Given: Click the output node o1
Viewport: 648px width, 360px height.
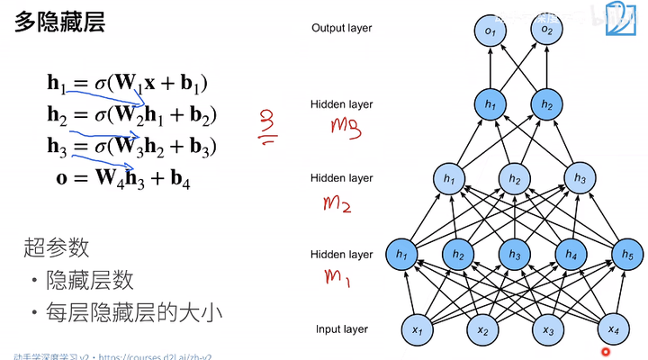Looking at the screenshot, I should (x=490, y=31).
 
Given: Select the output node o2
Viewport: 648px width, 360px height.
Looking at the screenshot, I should (x=547, y=31).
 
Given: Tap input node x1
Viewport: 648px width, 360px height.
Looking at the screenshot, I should (x=418, y=330).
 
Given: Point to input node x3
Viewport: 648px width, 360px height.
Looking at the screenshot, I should (x=548, y=330).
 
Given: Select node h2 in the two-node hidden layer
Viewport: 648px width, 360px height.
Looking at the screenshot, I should (x=546, y=105).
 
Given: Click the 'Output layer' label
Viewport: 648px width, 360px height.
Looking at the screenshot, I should (x=341, y=28).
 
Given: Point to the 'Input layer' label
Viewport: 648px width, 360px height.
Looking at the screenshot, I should (x=342, y=329).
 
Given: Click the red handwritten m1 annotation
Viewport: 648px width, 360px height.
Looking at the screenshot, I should (x=336, y=275).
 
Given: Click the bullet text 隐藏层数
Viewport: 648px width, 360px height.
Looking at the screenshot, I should (x=90, y=280).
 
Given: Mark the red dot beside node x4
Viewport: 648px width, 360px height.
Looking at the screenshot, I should (x=605, y=350).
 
